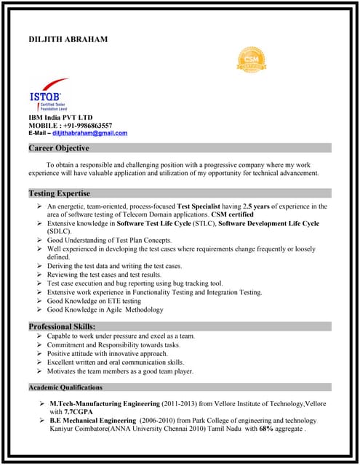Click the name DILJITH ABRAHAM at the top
[x=68, y=39]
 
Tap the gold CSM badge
[x=251, y=60]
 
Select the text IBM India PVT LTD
[x=60, y=117]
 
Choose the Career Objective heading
[x=59, y=148]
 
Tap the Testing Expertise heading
[x=60, y=194]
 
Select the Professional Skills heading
[x=62, y=326]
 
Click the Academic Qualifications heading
[x=65, y=387]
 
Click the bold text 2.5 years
[x=257, y=206]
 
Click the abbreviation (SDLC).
[x=60, y=232]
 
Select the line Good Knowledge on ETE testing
[x=94, y=301]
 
